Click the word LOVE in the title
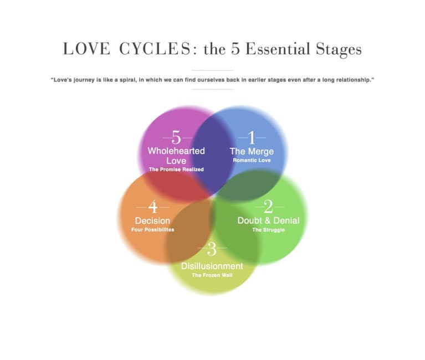click(x=86, y=49)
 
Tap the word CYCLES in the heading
click(x=155, y=49)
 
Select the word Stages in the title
click(x=339, y=50)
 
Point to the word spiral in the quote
click(x=127, y=80)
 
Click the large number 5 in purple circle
click(x=176, y=137)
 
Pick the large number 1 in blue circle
click(x=252, y=137)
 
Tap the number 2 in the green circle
click(x=268, y=207)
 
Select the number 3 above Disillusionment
click(x=212, y=249)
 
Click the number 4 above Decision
click(x=153, y=207)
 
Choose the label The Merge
click(x=252, y=151)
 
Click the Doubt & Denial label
click(x=268, y=220)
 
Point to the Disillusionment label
click(x=212, y=266)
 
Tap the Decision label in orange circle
click(x=152, y=221)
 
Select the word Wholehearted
click(x=176, y=151)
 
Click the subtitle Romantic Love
click(x=252, y=160)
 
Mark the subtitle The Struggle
click(x=268, y=230)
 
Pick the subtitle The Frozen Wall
click(x=212, y=275)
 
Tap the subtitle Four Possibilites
click(x=152, y=230)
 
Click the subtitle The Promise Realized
click(x=176, y=169)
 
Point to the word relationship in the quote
click(x=355, y=80)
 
